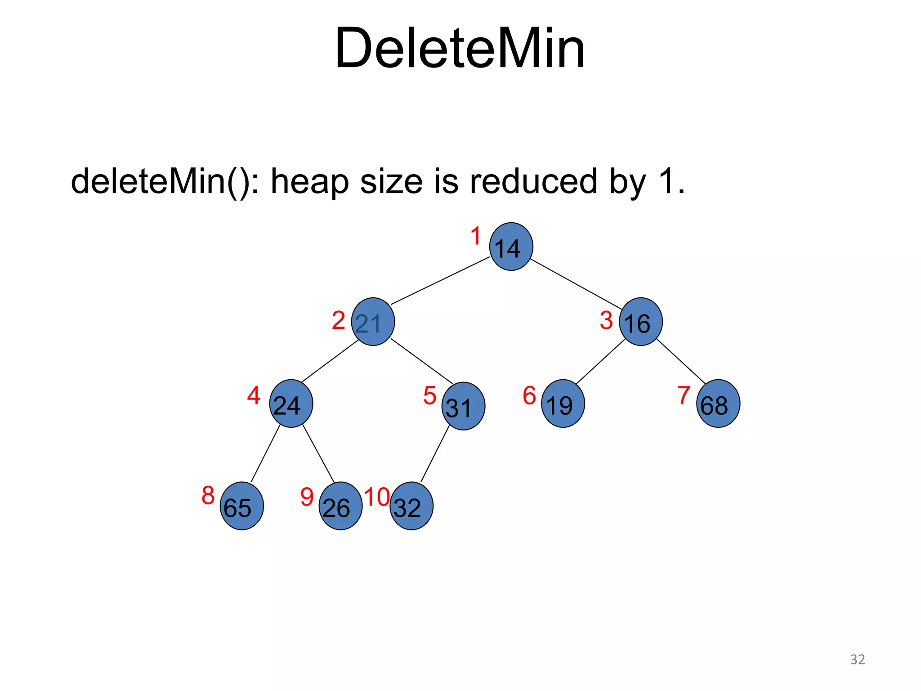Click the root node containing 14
(511, 247)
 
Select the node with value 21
(373, 322)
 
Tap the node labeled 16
(640, 322)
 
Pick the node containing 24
(291, 404)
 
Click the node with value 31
(463, 406)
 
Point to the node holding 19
(563, 404)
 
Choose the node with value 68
(718, 404)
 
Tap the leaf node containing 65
(241, 506)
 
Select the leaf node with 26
(340, 506)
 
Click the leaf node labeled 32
(411, 506)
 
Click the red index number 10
(377, 497)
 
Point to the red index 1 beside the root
(476, 236)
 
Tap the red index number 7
(684, 395)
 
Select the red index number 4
(254, 395)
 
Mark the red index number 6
(529, 395)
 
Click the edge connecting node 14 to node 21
(441, 281)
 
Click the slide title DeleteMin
(460, 48)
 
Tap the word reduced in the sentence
(533, 181)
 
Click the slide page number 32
(857, 660)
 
